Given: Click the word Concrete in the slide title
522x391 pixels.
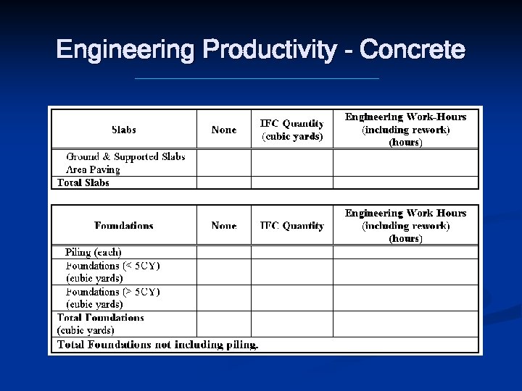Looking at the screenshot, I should (412, 50).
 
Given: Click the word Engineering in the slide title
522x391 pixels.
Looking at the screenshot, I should (127, 50).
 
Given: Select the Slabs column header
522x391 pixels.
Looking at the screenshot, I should (124, 130).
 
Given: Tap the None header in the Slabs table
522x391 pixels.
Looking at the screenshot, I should (223, 130).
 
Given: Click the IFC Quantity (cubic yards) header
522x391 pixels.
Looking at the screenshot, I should (292, 130).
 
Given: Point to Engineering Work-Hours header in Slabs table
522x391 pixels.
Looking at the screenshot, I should (405, 129).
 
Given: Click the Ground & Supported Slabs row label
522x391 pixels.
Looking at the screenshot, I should (125, 156).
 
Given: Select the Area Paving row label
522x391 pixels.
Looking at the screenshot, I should (93, 169).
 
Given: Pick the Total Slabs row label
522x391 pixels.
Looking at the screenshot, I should (83, 182).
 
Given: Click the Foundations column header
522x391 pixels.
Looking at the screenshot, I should (124, 225).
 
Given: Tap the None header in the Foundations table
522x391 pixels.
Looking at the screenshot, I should (223, 225).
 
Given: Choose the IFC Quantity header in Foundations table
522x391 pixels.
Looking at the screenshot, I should (292, 225).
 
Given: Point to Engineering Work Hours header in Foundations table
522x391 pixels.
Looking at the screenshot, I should (405, 225).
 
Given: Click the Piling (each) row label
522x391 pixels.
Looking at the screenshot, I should (93, 252).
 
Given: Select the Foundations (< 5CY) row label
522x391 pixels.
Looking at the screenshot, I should (113, 272).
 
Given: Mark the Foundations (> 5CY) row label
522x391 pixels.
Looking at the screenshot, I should (113, 298).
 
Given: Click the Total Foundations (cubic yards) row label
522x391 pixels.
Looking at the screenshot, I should (101, 324).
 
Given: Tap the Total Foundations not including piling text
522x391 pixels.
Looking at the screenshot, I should (157, 345).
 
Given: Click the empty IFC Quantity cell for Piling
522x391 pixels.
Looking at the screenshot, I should (292, 252).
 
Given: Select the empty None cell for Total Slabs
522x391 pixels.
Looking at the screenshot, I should (223, 182).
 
